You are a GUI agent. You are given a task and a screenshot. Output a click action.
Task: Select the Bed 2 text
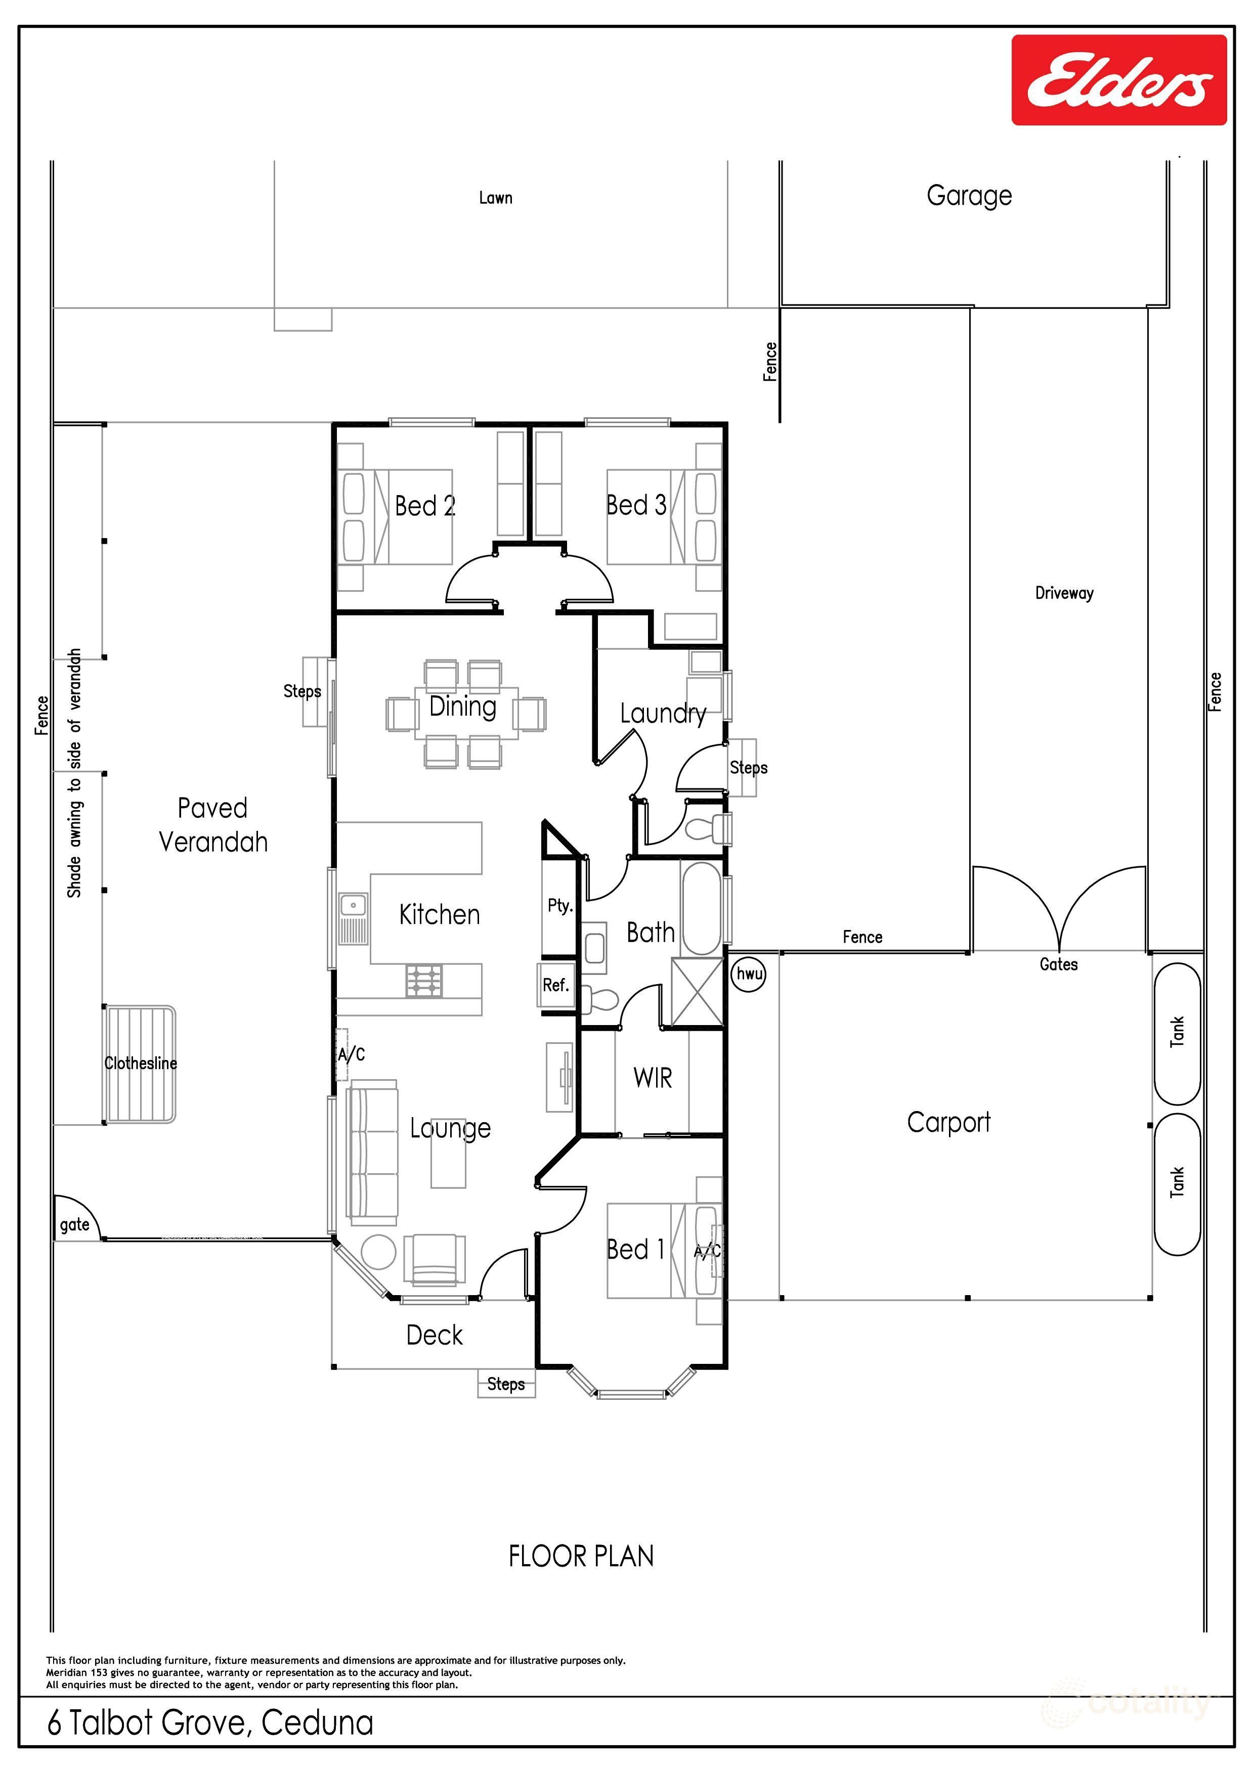click(x=425, y=506)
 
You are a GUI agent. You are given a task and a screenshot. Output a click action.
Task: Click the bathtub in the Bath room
click(x=702, y=909)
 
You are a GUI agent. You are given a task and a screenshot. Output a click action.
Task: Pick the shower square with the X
click(x=697, y=992)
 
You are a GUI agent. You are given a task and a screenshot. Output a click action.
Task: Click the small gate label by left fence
click(x=74, y=1225)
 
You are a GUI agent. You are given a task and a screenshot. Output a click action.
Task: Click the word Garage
click(x=969, y=196)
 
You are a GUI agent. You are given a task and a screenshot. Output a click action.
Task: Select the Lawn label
click(x=495, y=198)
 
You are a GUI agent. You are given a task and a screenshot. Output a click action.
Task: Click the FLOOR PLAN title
click(x=581, y=1556)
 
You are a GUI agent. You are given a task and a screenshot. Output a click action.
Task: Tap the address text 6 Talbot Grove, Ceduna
click(x=210, y=1722)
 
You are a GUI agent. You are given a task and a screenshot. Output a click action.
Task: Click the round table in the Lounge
click(x=378, y=1253)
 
